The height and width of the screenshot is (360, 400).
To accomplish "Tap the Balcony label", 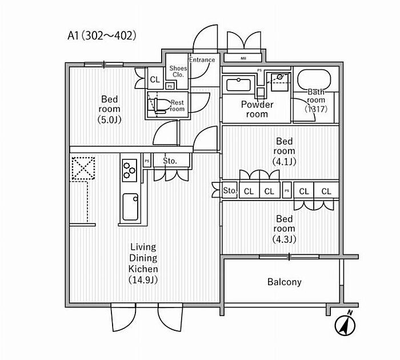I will tap(284, 282).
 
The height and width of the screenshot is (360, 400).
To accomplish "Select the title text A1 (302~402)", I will tap(102, 35).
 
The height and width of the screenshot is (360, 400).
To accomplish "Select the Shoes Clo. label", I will tap(178, 71).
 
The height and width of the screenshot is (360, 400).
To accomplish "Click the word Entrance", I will tap(202, 59).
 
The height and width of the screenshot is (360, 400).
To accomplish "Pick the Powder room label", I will tap(257, 109).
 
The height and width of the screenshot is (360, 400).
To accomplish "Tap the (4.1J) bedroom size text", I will tap(284, 161).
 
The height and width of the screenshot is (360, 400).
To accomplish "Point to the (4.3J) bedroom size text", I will tap(284, 239).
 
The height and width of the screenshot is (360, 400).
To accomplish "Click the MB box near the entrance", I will tap(243, 58).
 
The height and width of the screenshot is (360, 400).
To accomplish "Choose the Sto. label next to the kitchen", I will tap(170, 161).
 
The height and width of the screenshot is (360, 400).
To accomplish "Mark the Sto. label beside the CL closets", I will tap(230, 191).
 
